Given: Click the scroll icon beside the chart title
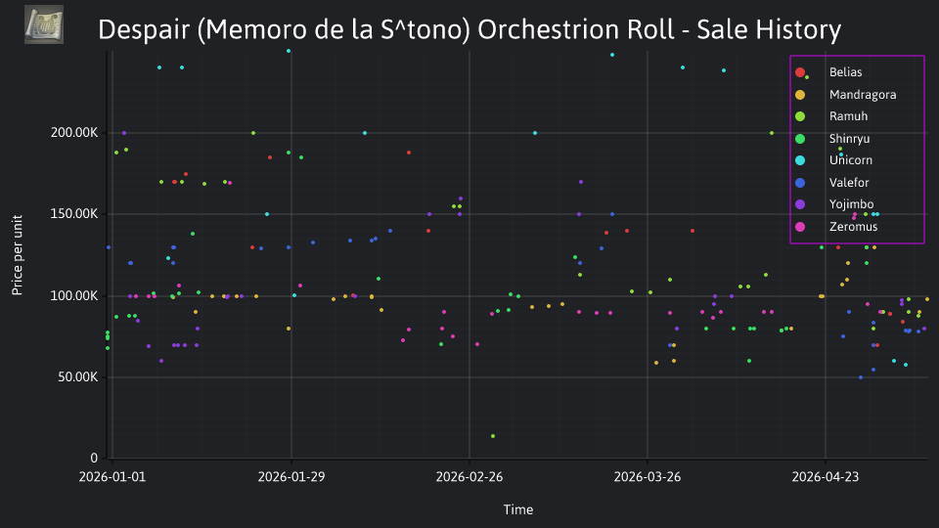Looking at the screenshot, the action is (x=44, y=24).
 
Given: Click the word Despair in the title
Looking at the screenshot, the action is (x=144, y=30).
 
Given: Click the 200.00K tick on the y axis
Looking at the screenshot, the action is (x=73, y=132).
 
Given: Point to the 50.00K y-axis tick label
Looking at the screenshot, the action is (x=78, y=377).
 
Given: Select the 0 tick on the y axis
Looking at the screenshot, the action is (x=94, y=459).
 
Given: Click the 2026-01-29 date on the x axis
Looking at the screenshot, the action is (x=291, y=477).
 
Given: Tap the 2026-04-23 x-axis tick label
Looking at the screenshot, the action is (x=826, y=477).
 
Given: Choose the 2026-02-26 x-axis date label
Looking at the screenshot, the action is (x=469, y=477).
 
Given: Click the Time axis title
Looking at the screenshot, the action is (x=518, y=510).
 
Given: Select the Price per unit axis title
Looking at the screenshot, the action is (x=17, y=255).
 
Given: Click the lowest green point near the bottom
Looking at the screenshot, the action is (x=493, y=436).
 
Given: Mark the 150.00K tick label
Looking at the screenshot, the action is (x=73, y=214).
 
